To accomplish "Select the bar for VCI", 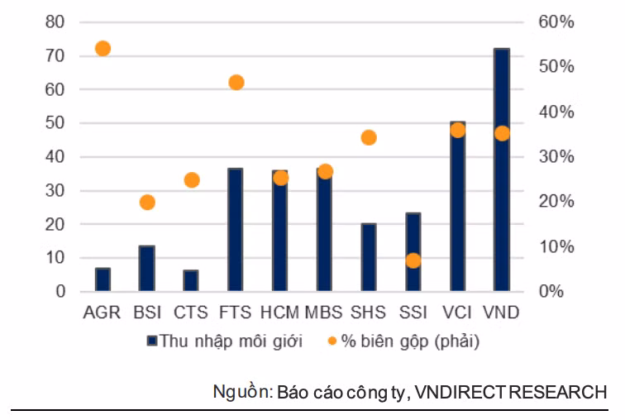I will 457,207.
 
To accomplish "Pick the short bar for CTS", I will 191,280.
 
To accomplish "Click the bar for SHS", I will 369,257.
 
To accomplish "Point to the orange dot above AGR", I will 103,49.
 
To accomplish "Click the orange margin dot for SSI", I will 413,260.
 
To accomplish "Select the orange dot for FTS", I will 236,83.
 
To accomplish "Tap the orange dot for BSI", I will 147,203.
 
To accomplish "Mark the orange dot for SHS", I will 369,138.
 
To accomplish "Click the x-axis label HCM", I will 279,313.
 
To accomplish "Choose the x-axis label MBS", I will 324,313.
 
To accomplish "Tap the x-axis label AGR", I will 103,313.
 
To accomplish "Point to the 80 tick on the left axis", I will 55,22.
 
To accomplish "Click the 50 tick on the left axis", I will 55,123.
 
